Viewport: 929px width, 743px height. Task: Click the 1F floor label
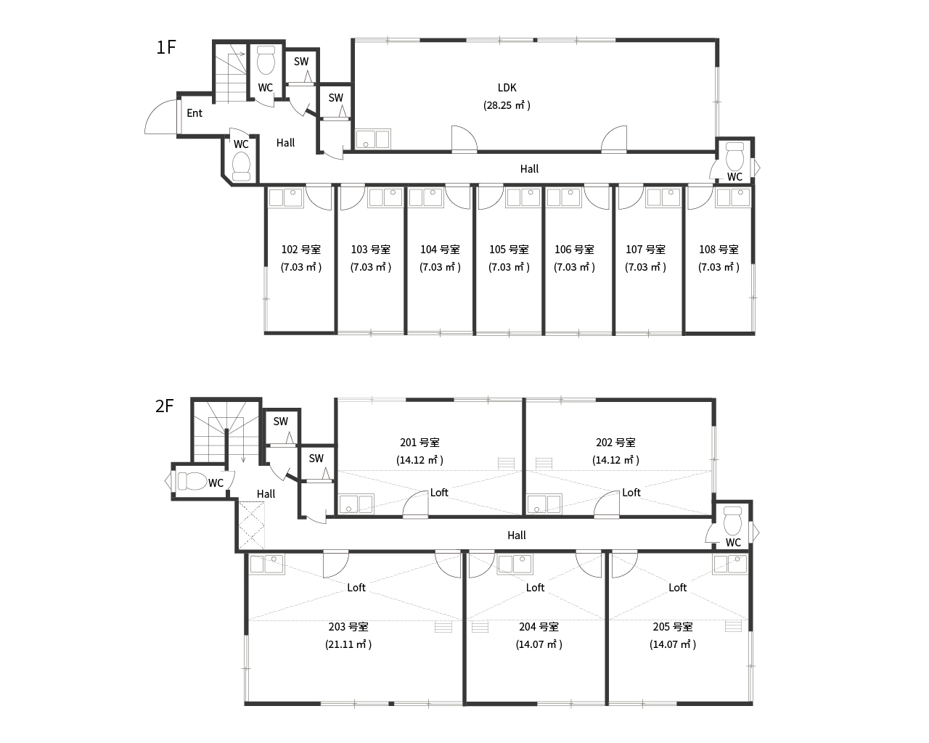pos(166,48)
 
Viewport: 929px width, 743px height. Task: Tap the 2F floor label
pos(165,406)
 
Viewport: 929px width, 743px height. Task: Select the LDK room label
pos(507,88)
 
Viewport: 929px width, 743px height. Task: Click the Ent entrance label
pos(195,113)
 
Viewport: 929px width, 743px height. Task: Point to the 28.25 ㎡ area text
pos(507,105)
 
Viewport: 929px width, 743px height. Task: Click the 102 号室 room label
pos(300,250)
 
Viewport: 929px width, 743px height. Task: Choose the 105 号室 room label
pos(509,250)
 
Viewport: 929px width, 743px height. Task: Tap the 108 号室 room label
pos(719,250)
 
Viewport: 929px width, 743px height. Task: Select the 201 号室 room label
pos(420,443)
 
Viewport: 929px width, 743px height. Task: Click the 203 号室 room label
pos(348,627)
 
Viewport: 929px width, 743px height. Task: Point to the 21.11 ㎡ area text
pos(348,644)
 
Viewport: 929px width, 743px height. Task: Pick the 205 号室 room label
pos(673,627)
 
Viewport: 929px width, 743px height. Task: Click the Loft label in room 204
pos(535,588)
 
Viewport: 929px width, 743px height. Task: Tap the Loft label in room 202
pos(631,493)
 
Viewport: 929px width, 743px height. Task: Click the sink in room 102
pos(285,197)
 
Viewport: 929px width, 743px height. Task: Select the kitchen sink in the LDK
pos(373,139)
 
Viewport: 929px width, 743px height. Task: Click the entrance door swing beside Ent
pos(162,118)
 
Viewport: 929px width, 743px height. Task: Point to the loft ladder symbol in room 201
pos(506,463)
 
